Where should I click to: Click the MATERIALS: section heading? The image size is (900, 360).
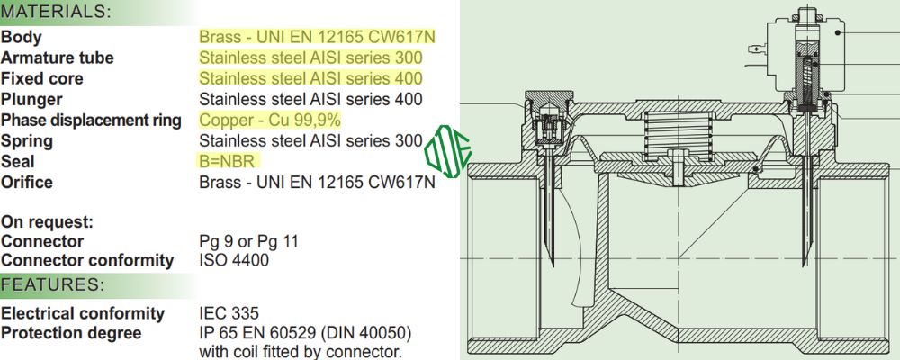point(57,13)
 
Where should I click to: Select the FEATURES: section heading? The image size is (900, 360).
point(53,285)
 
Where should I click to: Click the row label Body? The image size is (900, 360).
point(22,38)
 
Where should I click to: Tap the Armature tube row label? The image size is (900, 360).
point(58,58)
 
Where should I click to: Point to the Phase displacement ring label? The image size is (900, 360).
point(91,121)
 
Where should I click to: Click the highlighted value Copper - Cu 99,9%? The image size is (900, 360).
point(270,121)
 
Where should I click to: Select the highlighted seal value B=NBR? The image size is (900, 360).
point(229,162)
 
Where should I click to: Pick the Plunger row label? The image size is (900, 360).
point(31,100)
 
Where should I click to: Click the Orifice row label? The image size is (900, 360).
point(27,183)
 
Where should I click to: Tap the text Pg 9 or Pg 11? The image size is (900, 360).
point(248,241)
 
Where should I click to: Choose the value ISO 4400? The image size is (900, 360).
point(233,261)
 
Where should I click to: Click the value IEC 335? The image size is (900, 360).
point(229,313)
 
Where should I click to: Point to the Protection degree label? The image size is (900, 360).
point(71,334)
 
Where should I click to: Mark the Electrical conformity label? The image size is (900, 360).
point(83,313)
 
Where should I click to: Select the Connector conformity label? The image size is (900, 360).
point(87,261)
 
